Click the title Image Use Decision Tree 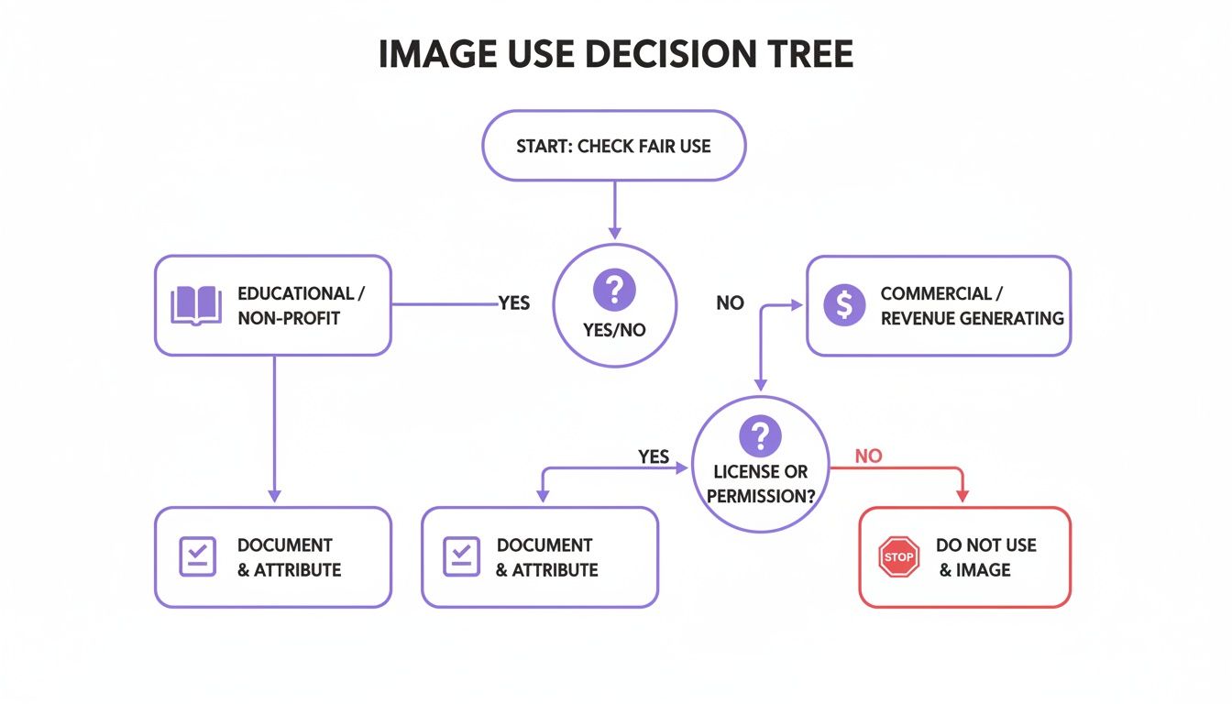[x=615, y=55]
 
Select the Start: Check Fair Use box [x=613, y=146]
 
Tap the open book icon [x=196, y=305]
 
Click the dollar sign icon [x=843, y=305]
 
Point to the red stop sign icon [x=898, y=557]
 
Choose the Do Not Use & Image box [x=964, y=557]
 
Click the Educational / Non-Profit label [x=301, y=305]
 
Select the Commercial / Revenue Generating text [x=972, y=306]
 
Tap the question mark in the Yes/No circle [x=614, y=291]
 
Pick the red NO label [x=867, y=456]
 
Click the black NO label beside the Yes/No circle [x=730, y=303]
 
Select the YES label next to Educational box [x=513, y=303]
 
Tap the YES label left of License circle [x=653, y=456]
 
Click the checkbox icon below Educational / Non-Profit [x=198, y=556]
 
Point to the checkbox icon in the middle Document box [x=462, y=556]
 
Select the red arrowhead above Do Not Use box [x=962, y=496]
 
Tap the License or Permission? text [x=760, y=484]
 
